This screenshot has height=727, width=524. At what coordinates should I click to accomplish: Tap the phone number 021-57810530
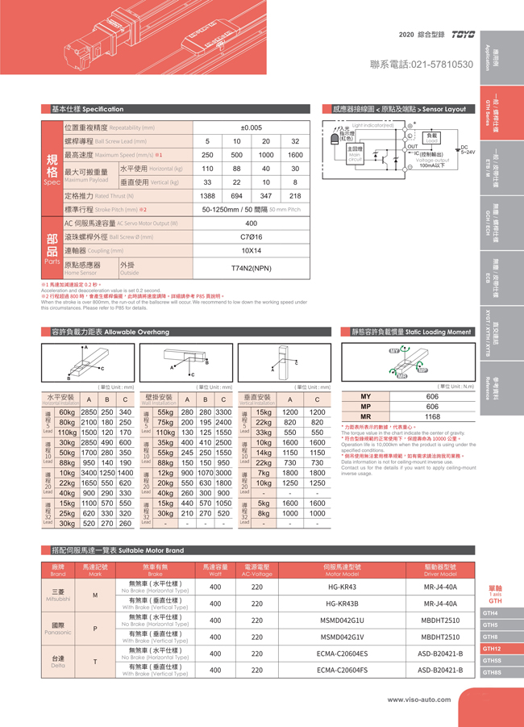[x=421, y=65]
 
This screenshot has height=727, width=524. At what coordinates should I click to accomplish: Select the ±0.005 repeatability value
[x=252, y=127]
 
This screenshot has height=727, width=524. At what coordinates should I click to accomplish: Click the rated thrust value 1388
[x=207, y=196]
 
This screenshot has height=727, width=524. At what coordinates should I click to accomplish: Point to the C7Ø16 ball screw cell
[x=252, y=237]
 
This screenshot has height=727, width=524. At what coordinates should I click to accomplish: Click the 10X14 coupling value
[x=252, y=251]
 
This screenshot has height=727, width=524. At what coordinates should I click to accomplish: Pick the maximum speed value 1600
[x=295, y=155]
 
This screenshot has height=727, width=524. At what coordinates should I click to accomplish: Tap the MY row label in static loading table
[x=365, y=396]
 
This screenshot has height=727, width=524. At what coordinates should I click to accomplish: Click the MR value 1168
[x=432, y=416]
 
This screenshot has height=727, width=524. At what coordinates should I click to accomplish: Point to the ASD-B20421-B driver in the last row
[x=439, y=670]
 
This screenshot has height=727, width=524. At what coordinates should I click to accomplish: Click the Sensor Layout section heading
[x=399, y=109]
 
